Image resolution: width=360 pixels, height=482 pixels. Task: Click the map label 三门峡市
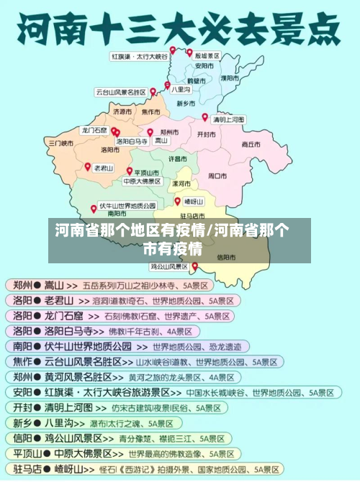pyautogui.click(x=61, y=143)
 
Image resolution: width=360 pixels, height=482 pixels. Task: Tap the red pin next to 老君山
pyautogui.click(x=87, y=166)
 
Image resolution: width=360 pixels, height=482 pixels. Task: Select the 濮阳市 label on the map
pyautogui.click(x=230, y=77)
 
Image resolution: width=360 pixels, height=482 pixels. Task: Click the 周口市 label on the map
pyautogui.click(x=217, y=175)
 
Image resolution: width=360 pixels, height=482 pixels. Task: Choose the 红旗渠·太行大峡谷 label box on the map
pyautogui.click(x=139, y=55)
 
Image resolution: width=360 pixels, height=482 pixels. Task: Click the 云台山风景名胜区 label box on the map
pyautogui.click(x=120, y=92)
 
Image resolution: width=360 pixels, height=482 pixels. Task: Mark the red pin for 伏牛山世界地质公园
pyautogui.click(x=94, y=209)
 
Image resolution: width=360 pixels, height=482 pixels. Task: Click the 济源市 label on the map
pyautogui.click(x=122, y=112)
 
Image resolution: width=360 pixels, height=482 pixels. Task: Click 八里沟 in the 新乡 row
pyautogui.click(x=60, y=423)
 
